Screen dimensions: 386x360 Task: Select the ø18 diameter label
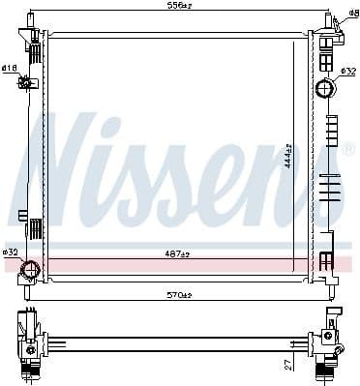coord(9,67)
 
